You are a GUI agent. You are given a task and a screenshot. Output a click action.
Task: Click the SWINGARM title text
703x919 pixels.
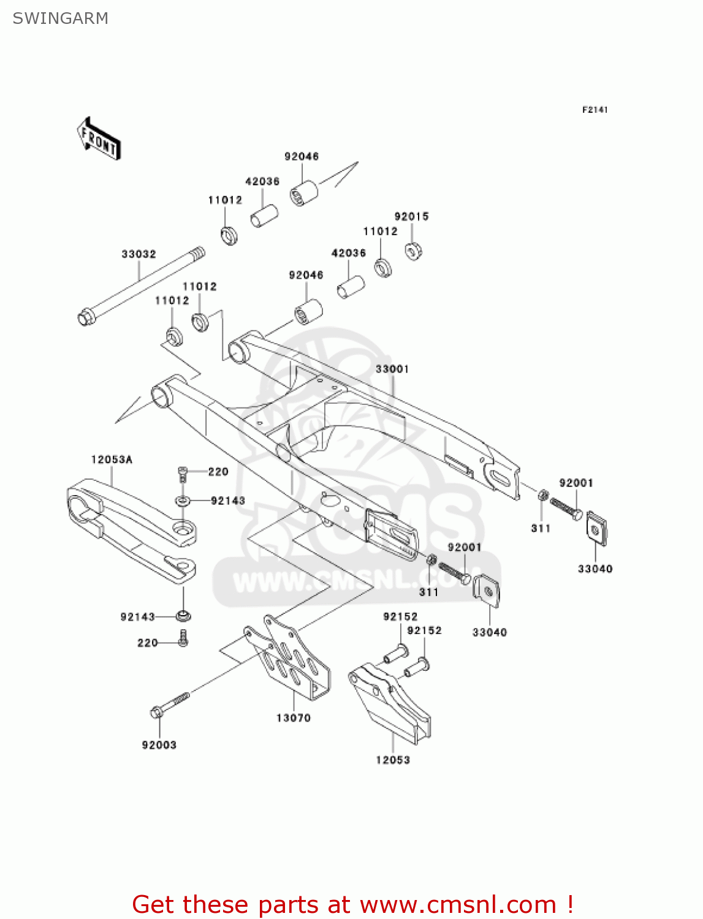click(x=60, y=18)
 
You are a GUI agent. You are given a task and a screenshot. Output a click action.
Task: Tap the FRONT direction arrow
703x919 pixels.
click(x=99, y=140)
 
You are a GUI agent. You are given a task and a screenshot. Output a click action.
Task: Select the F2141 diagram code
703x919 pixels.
click(x=595, y=110)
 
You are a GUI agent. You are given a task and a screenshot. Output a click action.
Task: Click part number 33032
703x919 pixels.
click(x=139, y=254)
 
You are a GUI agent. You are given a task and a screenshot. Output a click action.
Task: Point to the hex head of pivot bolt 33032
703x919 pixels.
click(x=86, y=318)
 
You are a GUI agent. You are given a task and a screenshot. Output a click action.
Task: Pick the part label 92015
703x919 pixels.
click(x=411, y=216)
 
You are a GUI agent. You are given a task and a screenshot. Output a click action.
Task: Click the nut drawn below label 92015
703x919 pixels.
click(x=414, y=251)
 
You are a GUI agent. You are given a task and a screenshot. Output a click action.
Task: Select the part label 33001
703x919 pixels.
click(x=392, y=369)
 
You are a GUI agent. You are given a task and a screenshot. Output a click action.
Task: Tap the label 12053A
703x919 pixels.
click(x=112, y=459)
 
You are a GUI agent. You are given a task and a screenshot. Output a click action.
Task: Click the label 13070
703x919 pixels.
click(x=293, y=717)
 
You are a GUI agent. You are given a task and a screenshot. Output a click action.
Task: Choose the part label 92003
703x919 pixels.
click(x=159, y=745)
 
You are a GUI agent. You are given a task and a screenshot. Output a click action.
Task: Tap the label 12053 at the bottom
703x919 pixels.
click(x=393, y=760)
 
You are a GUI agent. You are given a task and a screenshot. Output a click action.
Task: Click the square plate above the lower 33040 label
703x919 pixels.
click(x=487, y=591)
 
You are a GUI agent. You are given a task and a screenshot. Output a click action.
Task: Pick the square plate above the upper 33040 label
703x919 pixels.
click(x=596, y=528)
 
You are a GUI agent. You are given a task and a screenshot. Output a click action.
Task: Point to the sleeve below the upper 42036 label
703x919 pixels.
click(x=264, y=216)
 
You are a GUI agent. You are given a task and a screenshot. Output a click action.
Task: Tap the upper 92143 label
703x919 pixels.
click(x=227, y=501)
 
